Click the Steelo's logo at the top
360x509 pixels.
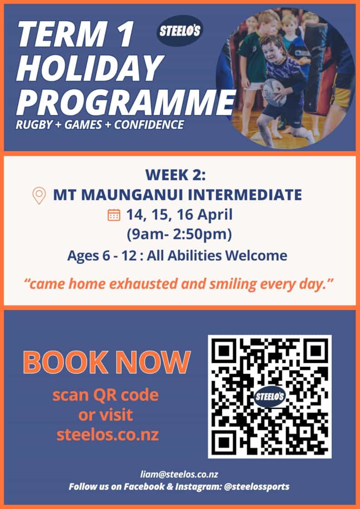180,31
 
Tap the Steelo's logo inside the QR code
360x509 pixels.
269,396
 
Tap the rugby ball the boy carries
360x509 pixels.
275,92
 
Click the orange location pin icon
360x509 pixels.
39,195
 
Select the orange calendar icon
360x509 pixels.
114,215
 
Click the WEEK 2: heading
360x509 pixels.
175,175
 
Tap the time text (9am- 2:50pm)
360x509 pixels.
179,235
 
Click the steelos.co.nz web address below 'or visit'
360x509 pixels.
108,435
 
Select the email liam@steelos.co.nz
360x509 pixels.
179,474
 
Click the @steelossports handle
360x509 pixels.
256,487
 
